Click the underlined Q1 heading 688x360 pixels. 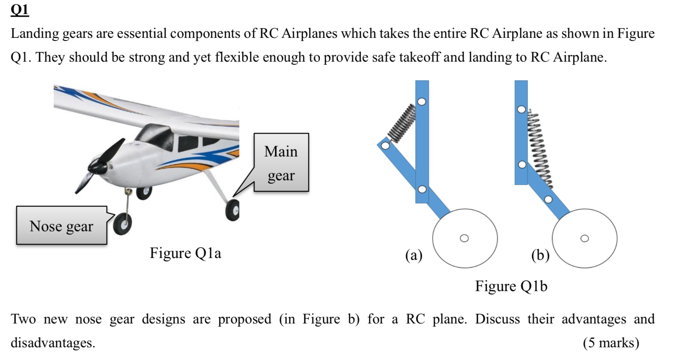click(19, 10)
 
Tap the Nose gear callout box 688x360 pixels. click(61, 226)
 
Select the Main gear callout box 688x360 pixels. click(281, 163)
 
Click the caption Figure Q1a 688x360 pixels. click(185, 253)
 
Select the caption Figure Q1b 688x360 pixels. click(511, 286)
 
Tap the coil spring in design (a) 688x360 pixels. click(402, 123)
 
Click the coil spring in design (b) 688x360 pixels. click(540, 149)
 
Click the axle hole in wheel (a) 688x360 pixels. click(464, 238)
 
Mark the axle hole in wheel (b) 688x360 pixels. click(585, 238)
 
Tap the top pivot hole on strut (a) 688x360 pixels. click(422, 102)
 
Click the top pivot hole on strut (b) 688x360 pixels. click(522, 109)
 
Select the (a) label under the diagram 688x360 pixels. click(414, 255)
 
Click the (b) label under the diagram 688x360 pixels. click(540, 255)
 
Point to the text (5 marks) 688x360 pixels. click(611, 343)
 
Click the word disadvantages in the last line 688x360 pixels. click(53, 343)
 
